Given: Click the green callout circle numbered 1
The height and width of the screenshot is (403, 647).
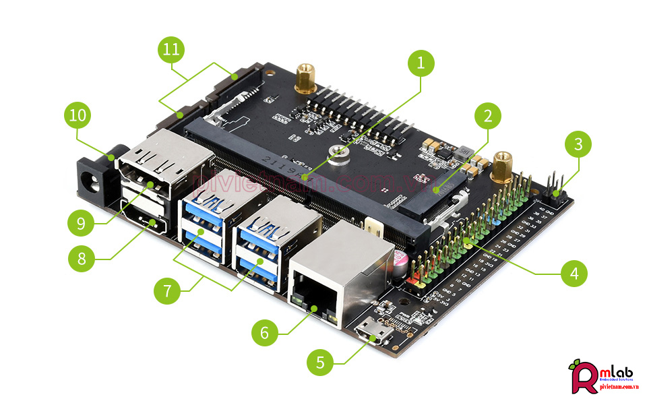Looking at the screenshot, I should coord(421,65).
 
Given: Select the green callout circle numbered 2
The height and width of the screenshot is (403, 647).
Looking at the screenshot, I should coord(488,116).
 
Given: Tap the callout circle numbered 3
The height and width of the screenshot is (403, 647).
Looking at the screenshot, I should coord(578,144).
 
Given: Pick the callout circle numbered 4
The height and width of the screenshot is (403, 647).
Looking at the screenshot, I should coord(574,273).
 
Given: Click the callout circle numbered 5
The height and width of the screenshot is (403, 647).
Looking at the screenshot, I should coord(320,363).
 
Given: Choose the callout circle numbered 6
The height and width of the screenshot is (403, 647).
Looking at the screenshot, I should coord(265,332).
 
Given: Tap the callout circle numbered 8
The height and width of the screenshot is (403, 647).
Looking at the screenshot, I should coord(82,258).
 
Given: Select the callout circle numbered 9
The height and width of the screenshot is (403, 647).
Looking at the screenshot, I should coord(81,223).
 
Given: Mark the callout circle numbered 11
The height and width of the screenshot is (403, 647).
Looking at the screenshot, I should coord(171,50).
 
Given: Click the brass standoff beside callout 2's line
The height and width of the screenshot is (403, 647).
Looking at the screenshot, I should coord(501,166).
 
